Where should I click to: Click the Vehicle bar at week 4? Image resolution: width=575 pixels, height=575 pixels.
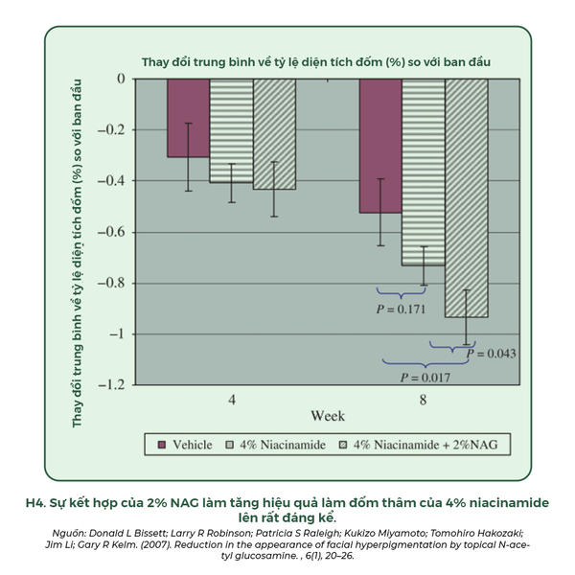189,117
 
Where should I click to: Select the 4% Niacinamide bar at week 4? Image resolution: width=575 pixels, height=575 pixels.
231,129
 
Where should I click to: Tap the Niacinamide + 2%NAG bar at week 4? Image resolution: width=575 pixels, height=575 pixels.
274,133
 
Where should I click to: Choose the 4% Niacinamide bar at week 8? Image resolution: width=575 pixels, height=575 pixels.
424,172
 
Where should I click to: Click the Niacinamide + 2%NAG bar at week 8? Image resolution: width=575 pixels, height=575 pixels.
467,196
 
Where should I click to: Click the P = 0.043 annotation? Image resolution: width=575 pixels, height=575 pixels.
491,354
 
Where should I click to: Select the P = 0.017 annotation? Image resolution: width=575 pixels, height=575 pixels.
425,377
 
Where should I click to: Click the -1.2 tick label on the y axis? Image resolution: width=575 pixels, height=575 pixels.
113,384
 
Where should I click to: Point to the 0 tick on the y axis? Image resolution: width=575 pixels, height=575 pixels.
121,79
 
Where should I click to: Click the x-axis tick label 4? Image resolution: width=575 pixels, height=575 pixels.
231,399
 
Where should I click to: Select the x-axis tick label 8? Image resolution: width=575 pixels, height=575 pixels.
424,399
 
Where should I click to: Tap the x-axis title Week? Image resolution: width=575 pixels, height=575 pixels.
327,416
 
